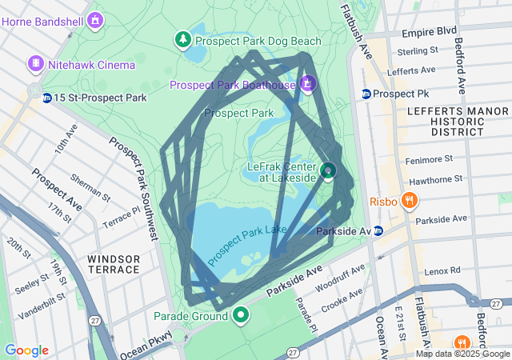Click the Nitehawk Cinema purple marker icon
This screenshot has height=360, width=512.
tap(35, 63)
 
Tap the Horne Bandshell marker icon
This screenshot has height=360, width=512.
tap(96, 19)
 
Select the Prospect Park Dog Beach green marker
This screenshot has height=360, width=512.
tap(183, 38)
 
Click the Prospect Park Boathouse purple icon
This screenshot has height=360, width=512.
tap(307, 83)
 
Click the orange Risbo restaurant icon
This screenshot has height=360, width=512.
tap(410, 201)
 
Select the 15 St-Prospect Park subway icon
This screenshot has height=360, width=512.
tap(47, 98)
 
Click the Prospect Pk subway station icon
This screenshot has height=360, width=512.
tap(366, 94)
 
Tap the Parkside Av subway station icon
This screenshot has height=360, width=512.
tap(378, 230)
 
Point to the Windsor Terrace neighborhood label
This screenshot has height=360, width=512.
tap(114, 264)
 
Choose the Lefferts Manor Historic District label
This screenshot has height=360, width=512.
tap(446, 121)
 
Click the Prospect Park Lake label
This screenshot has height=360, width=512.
tap(247, 246)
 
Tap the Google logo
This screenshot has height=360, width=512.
tap(27, 350)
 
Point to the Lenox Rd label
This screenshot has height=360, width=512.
tap(443, 271)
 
